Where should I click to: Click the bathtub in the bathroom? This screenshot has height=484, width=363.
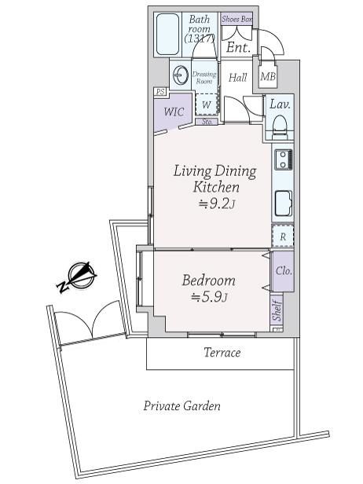coord(168,35)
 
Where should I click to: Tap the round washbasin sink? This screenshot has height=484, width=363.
coord(181,75)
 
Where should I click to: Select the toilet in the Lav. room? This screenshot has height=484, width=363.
coord(280,126)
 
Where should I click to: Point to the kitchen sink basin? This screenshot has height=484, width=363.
coord(284,203)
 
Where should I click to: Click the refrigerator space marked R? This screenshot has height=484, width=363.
coord(283,236)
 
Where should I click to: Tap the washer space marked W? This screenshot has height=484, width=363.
coord(207,104)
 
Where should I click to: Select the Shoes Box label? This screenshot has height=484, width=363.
coord(236,19)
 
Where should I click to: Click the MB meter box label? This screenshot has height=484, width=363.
coord(268,76)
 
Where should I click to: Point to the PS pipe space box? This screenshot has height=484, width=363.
coord(160,92)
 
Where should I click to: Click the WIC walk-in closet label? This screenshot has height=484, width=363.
coord(174,112)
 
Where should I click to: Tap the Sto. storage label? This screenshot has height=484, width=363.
coord(207,122)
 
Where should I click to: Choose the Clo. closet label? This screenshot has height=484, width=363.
coord(284,271)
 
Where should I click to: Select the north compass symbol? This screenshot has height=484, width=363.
coord(77,277)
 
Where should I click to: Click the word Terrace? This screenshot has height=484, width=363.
coord(222,353)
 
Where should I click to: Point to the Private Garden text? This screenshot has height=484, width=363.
coord(182,405)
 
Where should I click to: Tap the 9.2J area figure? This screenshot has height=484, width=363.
coord(217,203)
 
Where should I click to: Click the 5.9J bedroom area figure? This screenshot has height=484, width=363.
coord(210,297)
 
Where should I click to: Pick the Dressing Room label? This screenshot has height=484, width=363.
coord(204,78)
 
